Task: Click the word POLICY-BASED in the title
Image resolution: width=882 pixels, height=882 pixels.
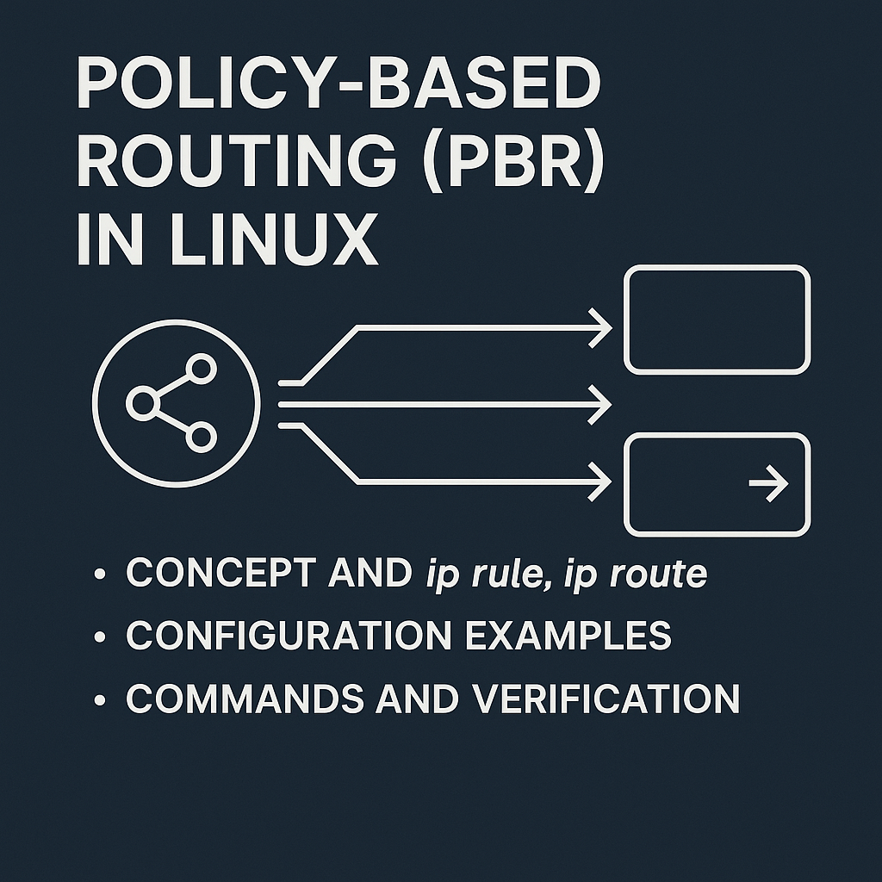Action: (338, 87)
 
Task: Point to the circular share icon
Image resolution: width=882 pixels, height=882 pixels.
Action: (176, 402)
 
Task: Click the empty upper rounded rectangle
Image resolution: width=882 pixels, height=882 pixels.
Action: (717, 320)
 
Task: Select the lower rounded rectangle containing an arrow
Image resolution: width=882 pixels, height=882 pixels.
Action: (717, 485)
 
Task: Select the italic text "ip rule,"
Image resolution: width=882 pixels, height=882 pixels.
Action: (488, 575)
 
